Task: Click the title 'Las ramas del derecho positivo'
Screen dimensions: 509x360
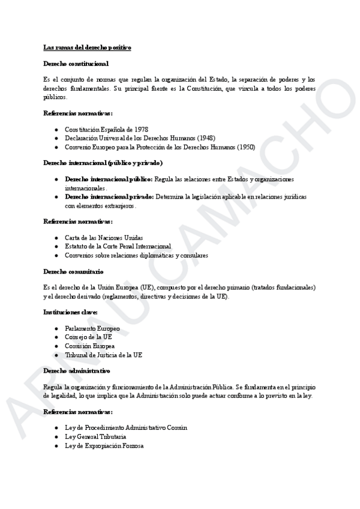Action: (87, 47)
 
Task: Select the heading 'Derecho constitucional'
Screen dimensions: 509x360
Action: (76, 63)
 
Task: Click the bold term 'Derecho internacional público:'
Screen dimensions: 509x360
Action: (109, 179)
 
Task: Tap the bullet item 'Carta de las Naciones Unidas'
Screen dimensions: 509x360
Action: (104, 238)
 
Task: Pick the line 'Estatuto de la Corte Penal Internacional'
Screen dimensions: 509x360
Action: (118, 246)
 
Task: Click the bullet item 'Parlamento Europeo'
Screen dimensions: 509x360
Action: (92, 329)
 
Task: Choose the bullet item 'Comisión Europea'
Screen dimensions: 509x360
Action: (90, 346)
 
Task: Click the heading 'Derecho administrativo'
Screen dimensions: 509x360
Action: (76, 371)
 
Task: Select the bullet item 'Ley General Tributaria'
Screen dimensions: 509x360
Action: (95, 436)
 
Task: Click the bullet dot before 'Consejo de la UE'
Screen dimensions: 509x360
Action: (56, 337)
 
